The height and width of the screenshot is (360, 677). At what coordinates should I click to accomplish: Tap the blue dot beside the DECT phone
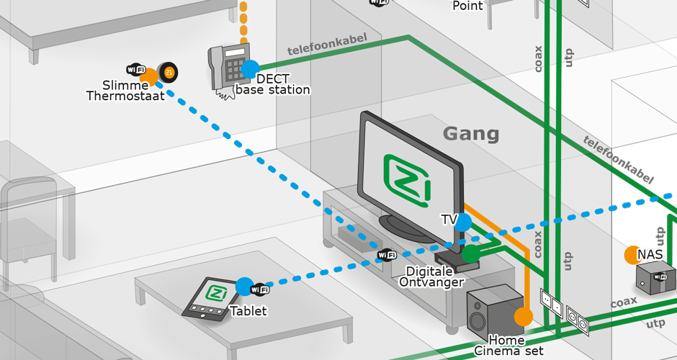pyautogui.click(x=250, y=69)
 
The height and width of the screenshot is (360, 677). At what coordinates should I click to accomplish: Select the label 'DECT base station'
pyautogui.click(x=273, y=84)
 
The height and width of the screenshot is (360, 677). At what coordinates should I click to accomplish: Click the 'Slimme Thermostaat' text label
pyautogui.click(x=125, y=91)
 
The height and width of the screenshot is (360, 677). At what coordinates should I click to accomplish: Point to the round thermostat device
pyautogui.click(x=169, y=72)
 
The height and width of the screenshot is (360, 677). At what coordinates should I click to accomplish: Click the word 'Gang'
pyautogui.click(x=470, y=133)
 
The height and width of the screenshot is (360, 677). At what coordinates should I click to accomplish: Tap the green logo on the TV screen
pyautogui.click(x=407, y=179)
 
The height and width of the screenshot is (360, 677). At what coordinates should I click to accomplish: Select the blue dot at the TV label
pyautogui.click(x=463, y=222)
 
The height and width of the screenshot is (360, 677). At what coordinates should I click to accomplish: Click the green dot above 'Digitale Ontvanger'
pyautogui.click(x=470, y=253)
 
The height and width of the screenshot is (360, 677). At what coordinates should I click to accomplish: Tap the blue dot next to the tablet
pyautogui.click(x=244, y=287)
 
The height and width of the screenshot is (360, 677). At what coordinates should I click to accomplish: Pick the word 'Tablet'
pyautogui.click(x=248, y=311)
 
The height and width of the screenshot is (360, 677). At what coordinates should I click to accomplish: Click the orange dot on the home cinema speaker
pyautogui.click(x=524, y=316)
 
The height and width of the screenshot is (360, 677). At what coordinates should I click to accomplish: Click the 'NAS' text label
pyautogui.click(x=650, y=254)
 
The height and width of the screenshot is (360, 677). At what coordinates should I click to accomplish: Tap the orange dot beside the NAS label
pyautogui.click(x=632, y=254)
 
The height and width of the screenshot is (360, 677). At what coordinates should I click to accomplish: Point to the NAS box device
pyautogui.click(x=655, y=278)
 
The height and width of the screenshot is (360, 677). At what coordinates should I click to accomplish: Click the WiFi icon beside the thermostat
pyautogui.click(x=135, y=70)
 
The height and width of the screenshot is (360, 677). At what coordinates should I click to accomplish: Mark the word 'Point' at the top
pyautogui.click(x=467, y=6)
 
